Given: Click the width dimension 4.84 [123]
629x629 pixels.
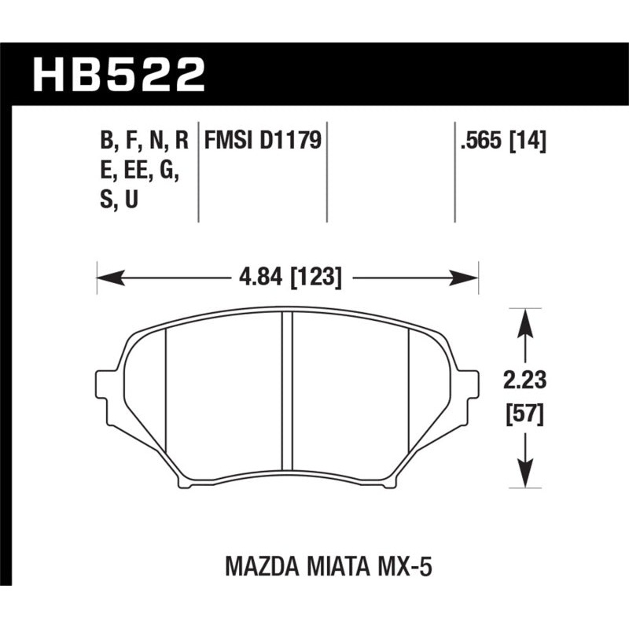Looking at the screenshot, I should pos(288,276).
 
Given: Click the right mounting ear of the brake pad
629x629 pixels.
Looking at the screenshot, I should pos(469,393).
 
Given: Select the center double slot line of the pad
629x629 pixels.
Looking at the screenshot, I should pos(287,397).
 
